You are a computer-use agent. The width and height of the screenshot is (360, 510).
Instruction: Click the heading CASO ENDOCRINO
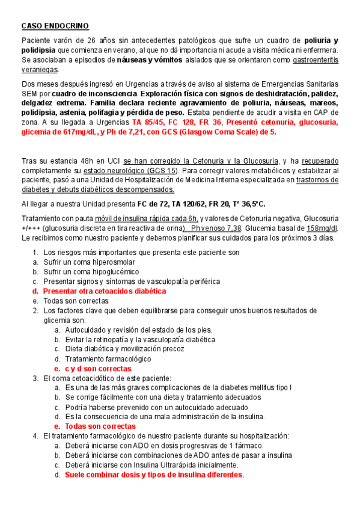[55, 26]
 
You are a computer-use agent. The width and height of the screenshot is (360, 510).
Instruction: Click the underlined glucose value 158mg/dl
[322, 229]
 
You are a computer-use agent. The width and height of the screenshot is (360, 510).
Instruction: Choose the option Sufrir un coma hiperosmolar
[89, 262]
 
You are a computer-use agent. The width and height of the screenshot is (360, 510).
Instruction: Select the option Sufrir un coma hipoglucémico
[87, 271]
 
